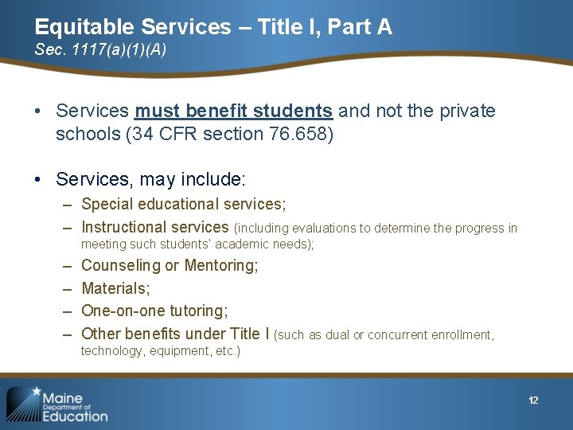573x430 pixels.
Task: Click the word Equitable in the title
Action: tap(79, 27)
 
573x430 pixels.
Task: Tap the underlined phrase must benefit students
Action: tap(233, 111)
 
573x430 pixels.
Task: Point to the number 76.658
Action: tap(298, 134)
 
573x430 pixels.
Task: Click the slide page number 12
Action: tap(533, 400)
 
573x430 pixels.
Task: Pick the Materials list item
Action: tap(115, 288)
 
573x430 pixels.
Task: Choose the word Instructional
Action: tap(125, 227)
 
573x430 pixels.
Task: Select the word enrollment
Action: tap(462, 335)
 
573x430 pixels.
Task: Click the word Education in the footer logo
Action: tap(75, 415)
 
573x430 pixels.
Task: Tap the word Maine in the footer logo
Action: tap(62, 397)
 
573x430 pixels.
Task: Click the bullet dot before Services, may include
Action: tap(39, 180)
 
